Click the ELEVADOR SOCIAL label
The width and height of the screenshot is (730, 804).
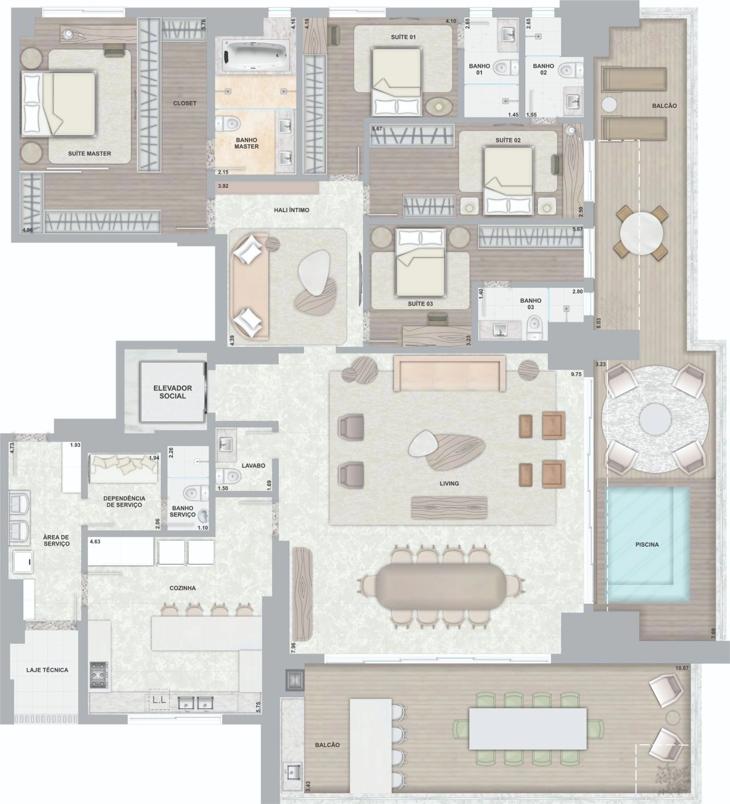click(172, 392)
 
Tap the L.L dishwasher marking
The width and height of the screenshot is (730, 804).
click(160, 700)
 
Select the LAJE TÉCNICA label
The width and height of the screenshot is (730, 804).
click(47, 669)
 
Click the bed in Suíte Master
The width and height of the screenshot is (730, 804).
click(59, 104)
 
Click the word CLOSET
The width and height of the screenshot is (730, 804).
click(185, 103)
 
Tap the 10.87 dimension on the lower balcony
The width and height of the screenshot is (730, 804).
click(682, 668)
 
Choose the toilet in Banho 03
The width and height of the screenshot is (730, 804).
click(534, 326)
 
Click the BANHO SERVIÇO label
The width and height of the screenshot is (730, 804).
click(182, 511)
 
